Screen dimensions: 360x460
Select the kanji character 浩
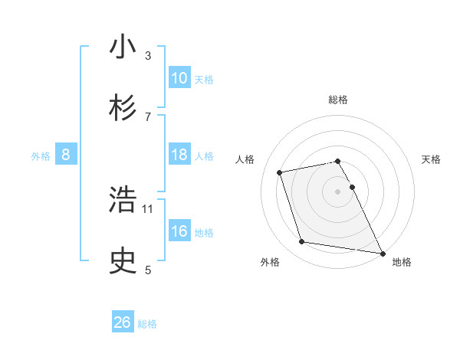[123, 201]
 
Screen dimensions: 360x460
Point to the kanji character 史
[123, 261]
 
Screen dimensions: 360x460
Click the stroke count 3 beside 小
[148, 55]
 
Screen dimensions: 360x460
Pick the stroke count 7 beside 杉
[148, 116]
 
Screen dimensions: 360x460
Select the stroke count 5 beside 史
[148, 270]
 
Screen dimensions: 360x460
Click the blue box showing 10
[179, 78]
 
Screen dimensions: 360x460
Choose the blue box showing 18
[179, 155]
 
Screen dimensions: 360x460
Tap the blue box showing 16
[179, 231]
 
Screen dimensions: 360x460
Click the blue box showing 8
[66, 155]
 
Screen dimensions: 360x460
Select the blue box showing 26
[123, 322]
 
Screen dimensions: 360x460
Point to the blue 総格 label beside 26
[147, 324]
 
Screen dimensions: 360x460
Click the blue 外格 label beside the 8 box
[41, 156]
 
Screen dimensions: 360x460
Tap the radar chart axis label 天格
[431, 159]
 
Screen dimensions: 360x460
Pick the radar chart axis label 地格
[402, 262]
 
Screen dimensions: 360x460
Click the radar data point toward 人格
[280, 172]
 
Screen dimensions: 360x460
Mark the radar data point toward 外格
[302, 242]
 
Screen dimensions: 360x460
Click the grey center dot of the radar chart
[337, 191]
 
